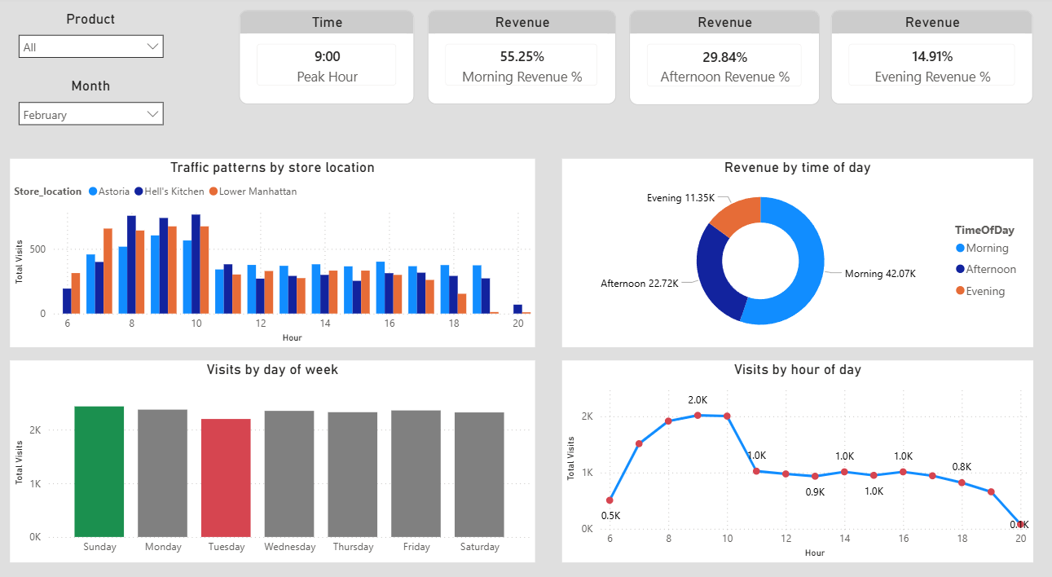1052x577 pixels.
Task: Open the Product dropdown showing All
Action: [x=90, y=47]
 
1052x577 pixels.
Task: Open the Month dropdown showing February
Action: [x=90, y=115]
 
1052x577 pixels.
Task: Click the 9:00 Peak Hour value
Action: [x=327, y=56]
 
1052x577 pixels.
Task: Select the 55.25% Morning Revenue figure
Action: [x=522, y=56]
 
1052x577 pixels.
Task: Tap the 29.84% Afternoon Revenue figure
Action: [x=724, y=56]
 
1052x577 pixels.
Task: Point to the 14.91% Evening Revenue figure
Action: [x=932, y=56]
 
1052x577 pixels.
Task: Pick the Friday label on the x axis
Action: [x=416, y=547]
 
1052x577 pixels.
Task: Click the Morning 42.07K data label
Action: [x=880, y=274]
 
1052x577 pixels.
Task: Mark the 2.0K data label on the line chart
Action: [x=698, y=400]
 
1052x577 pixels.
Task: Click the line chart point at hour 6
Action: [x=610, y=500]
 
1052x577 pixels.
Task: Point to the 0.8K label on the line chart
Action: [x=962, y=467]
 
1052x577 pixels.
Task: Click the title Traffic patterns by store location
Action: [x=272, y=168]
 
